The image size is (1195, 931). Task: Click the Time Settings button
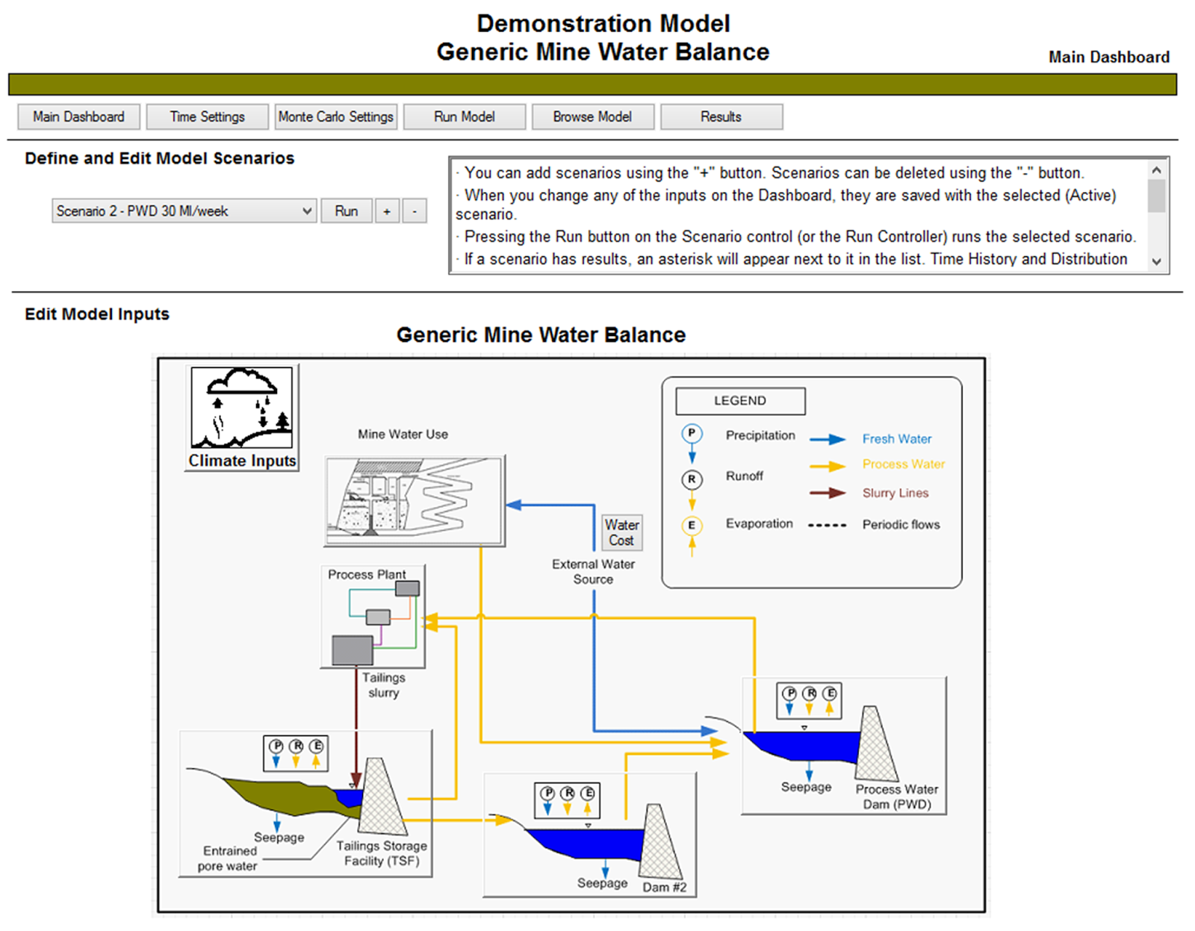click(x=207, y=117)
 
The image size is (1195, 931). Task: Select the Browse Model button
click(x=592, y=117)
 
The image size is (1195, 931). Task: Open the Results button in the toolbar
click(x=721, y=117)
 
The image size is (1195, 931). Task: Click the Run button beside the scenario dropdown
click(x=346, y=211)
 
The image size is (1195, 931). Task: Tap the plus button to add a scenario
click(x=387, y=211)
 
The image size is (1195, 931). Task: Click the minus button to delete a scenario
click(x=415, y=211)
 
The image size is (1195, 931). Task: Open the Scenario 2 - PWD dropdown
click(x=184, y=211)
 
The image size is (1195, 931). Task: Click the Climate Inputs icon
click(x=241, y=417)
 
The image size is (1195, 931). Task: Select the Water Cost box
click(x=621, y=532)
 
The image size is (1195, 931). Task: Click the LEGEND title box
click(x=739, y=401)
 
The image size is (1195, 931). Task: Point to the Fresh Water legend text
click(x=896, y=439)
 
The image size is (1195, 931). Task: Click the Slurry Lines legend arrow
click(x=828, y=493)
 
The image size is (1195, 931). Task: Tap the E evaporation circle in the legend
click(x=692, y=526)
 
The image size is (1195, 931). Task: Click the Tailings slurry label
click(x=383, y=685)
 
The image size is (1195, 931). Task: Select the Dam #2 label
click(x=664, y=887)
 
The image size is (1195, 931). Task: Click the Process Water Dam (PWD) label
click(x=896, y=797)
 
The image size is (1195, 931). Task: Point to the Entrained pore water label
click(x=229, y=859)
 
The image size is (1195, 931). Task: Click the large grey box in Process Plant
click(x=352, y=650)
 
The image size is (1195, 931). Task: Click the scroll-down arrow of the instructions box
click(x=1156, y=261)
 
